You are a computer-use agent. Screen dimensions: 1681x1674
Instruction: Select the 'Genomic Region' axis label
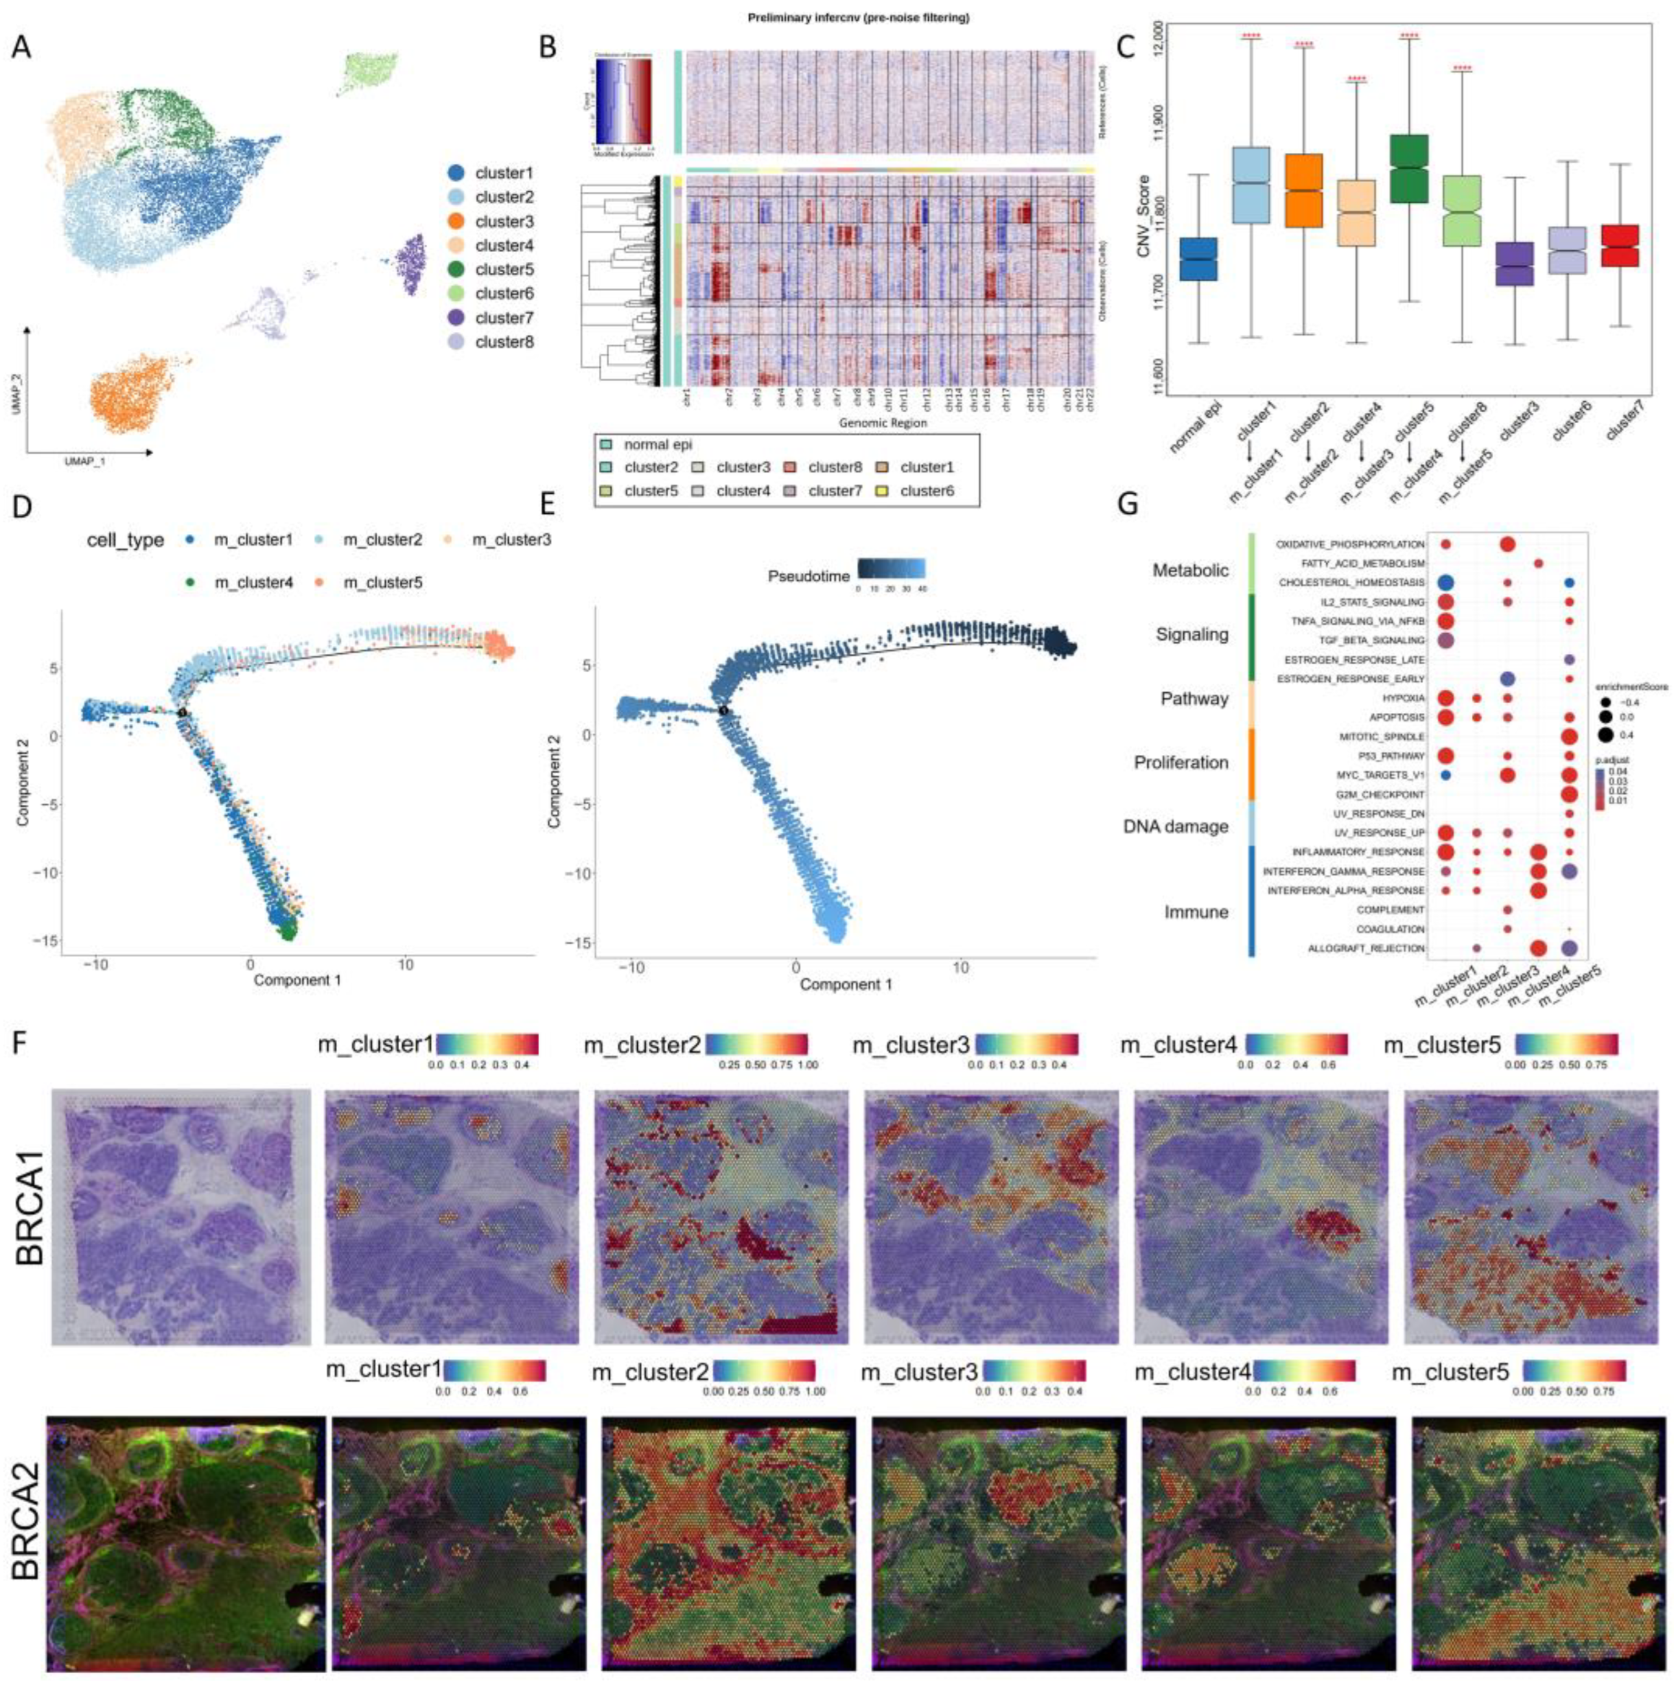point(882,423)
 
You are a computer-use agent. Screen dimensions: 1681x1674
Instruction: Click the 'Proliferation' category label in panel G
point(1181,762)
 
